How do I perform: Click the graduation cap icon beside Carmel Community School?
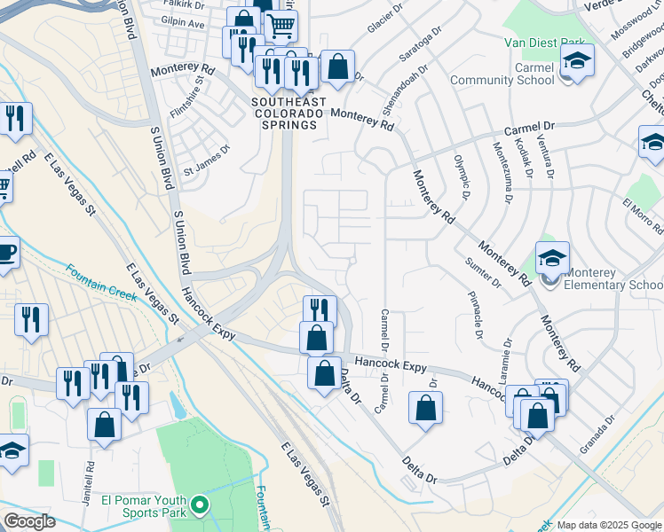click(577, 61)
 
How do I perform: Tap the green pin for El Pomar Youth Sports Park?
click(201, 506)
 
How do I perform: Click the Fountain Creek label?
click(101, 281)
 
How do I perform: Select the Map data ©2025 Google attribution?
click(610, 525)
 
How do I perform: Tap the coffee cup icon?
click(5, 251)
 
